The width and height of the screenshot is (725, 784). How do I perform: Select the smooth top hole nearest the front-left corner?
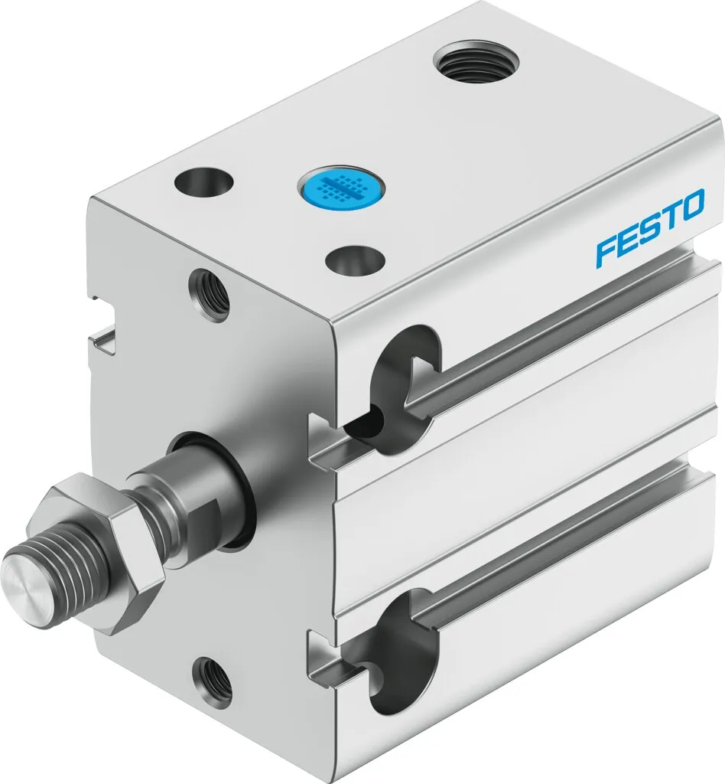point(203,182)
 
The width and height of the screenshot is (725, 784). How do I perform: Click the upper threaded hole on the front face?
point(208,292)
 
